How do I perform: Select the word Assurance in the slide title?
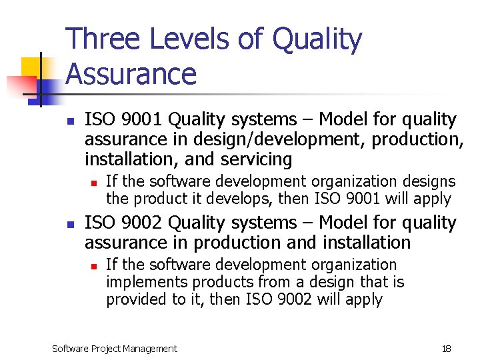tap(131, 74)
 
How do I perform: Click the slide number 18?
tap(446, 349)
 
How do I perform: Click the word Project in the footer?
tap(107, 349)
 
